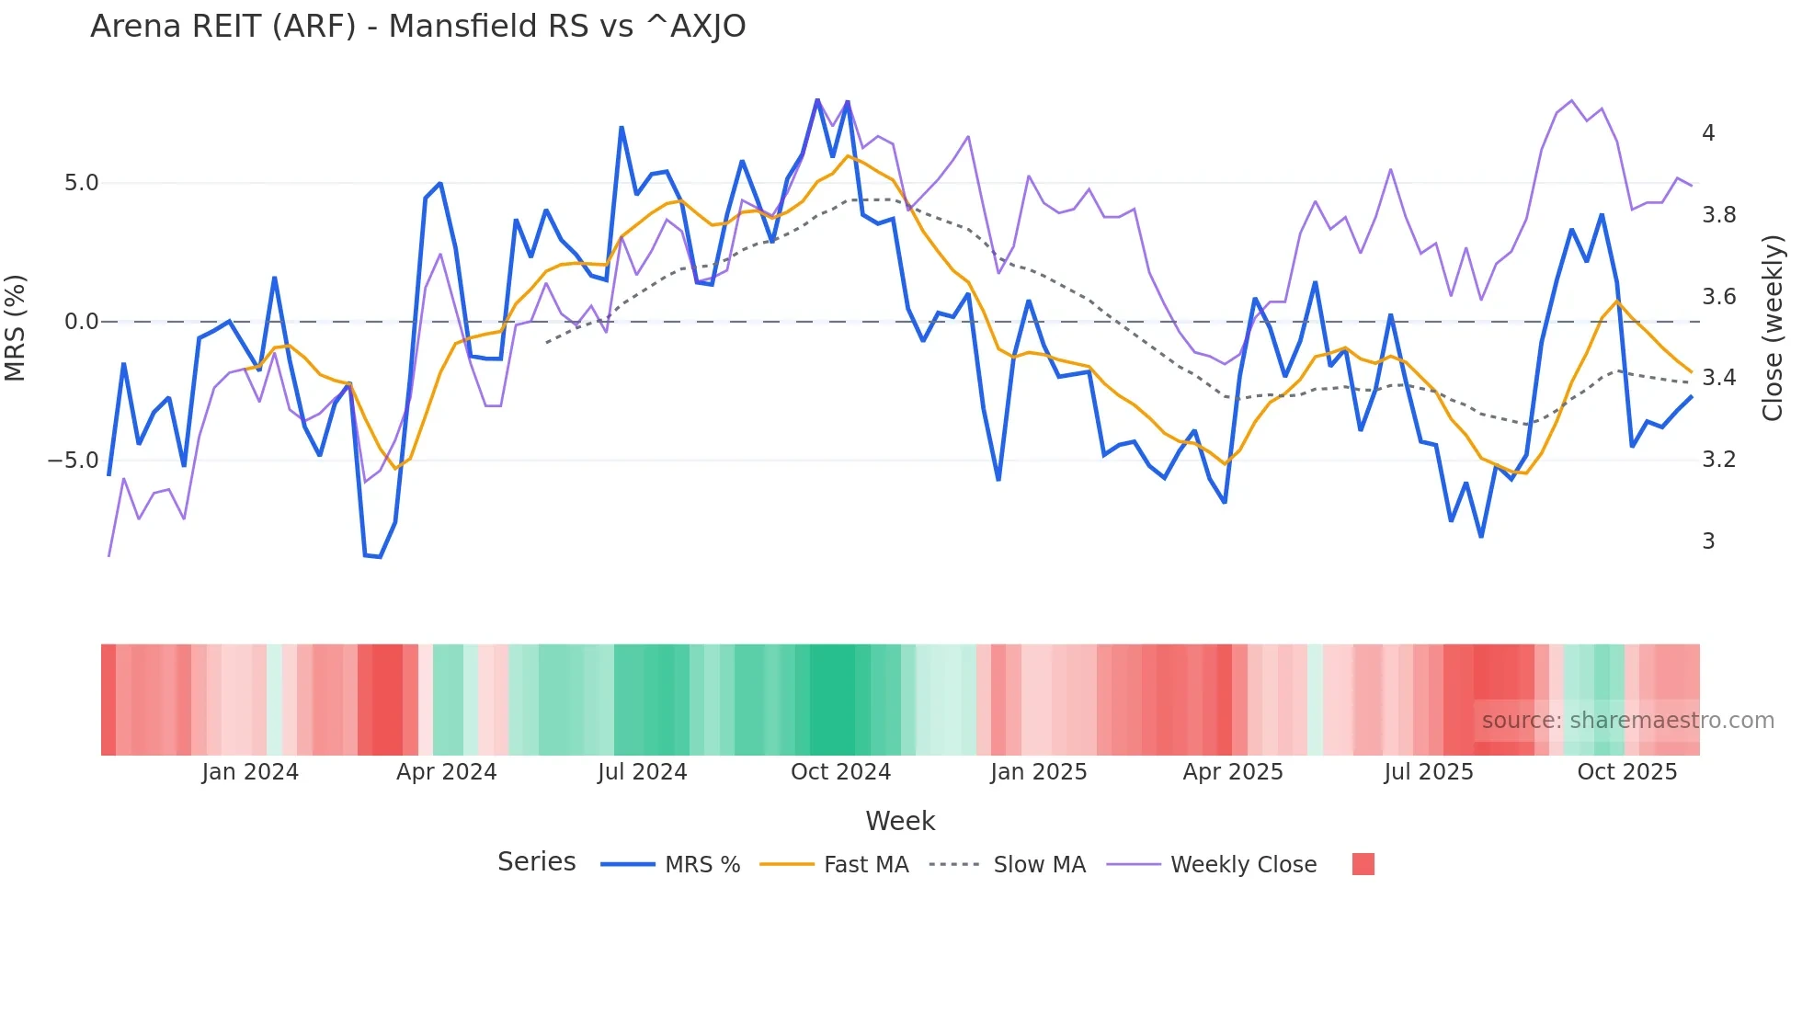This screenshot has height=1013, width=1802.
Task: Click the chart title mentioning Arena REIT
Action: tap(417, 27)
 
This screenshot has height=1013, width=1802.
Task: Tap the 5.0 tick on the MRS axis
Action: tap(81, 183)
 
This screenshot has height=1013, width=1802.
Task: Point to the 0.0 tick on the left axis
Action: tap(81, 322)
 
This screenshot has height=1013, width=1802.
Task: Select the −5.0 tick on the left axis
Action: tap(74, 461)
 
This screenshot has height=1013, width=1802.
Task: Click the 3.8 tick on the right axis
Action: tap(1718, 215)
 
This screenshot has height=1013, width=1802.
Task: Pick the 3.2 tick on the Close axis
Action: tap(1718, 460)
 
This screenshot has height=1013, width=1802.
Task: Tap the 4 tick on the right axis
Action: tap(1708, 133)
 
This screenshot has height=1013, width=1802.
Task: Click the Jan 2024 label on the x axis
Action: tap(250, 772)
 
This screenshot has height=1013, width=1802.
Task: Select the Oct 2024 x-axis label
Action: tap(840, 772)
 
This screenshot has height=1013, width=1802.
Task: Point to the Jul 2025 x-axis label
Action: tap(1428, 772)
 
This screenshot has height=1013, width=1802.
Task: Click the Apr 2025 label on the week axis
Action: tap(1232, 772)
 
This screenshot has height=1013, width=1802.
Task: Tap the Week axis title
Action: tap(900, 821)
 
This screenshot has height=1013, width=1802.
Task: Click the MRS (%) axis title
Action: tap(16, 327)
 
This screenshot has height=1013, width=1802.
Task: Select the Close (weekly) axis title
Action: tap(1773, 328)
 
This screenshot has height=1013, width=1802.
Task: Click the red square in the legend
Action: tap(1363, 864)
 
